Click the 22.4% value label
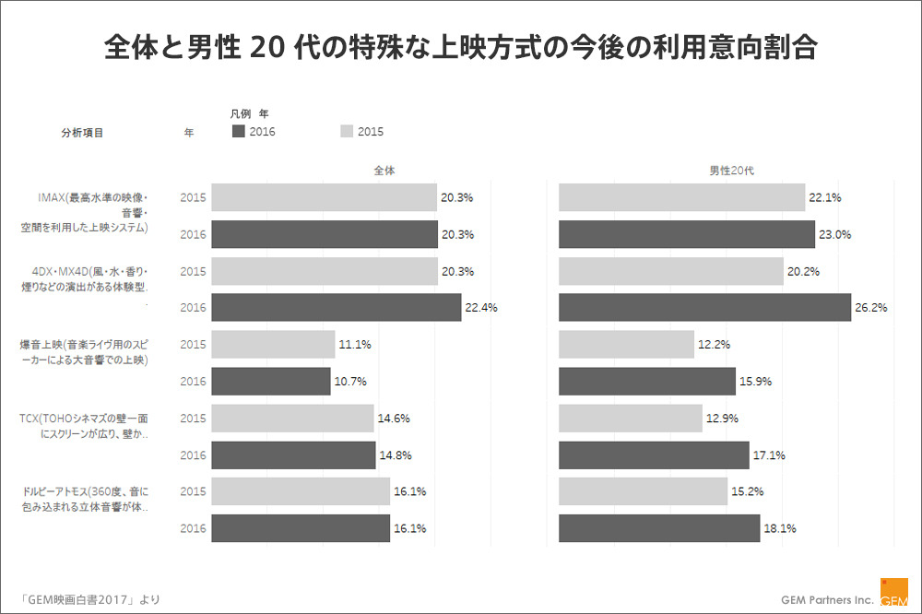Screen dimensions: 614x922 (481, 308)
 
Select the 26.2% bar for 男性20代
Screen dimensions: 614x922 (704, 308)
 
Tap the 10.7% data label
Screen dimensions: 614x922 (350, 382)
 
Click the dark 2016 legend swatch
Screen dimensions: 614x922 (239, 132)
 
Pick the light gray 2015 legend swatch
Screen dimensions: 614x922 (348, 132)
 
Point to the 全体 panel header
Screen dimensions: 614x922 (384, 171)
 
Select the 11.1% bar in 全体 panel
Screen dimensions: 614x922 (273, 345)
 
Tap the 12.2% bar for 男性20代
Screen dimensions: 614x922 (626, 345)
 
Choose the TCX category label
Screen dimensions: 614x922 (86, 426)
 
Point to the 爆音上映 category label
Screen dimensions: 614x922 (85, 352)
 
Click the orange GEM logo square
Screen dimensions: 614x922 (893, 591)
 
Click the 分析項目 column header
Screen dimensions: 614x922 (82, 133)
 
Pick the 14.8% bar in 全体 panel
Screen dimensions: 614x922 (292, 455)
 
